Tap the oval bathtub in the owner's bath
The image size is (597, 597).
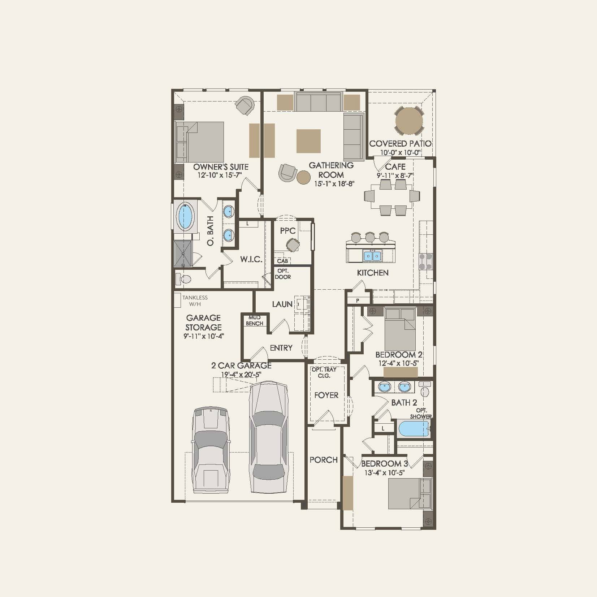point(185,216)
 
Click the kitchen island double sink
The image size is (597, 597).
point(373,256)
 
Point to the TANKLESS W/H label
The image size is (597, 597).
point(195,300)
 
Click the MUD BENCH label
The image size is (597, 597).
point(255,320)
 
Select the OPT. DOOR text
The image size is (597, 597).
point(283,274)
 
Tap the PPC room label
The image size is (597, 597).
point(288,231)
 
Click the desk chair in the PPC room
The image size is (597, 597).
point(293,245)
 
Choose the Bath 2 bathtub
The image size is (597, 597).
point(414,429)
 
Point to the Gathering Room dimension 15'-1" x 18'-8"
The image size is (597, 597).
point(334,183)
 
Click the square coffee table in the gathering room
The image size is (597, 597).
point(308,141)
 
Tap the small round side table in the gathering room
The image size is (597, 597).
point(304,177)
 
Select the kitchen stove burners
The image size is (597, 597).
point(425,261)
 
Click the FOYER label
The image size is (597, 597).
point(326,395)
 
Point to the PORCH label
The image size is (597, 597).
point(324,460)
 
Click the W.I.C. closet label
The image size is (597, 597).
point(251,259)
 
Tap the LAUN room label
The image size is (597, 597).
point(282,304)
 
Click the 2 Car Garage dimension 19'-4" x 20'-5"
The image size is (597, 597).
point(241,375)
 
